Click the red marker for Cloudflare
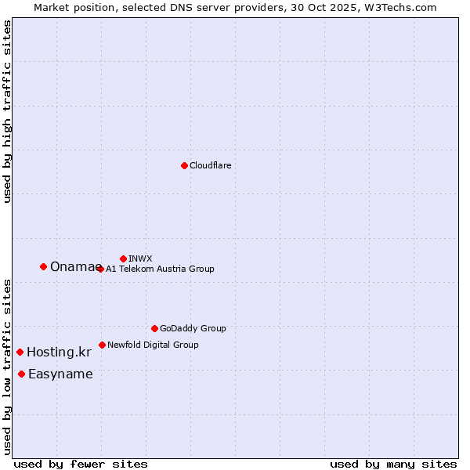pos(184,165)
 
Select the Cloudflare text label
pos(210,165)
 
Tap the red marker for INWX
pos(123,258)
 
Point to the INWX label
pos(140,258)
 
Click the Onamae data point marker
pos(43,266)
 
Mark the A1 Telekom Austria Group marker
pos(99,269)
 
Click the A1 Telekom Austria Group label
pos(160,269)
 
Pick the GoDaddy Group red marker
pos(154,328)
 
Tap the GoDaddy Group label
pos(193,328)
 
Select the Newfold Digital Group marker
pos(102,345)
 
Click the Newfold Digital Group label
pos(153,345)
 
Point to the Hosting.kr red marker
pos(20,352)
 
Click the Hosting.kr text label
pos(59,352)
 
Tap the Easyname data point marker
pos(21,374)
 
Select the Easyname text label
pos(60,374)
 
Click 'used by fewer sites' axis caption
pos(81,464)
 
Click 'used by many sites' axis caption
pos(393,464)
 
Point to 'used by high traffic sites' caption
pos(8,111)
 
